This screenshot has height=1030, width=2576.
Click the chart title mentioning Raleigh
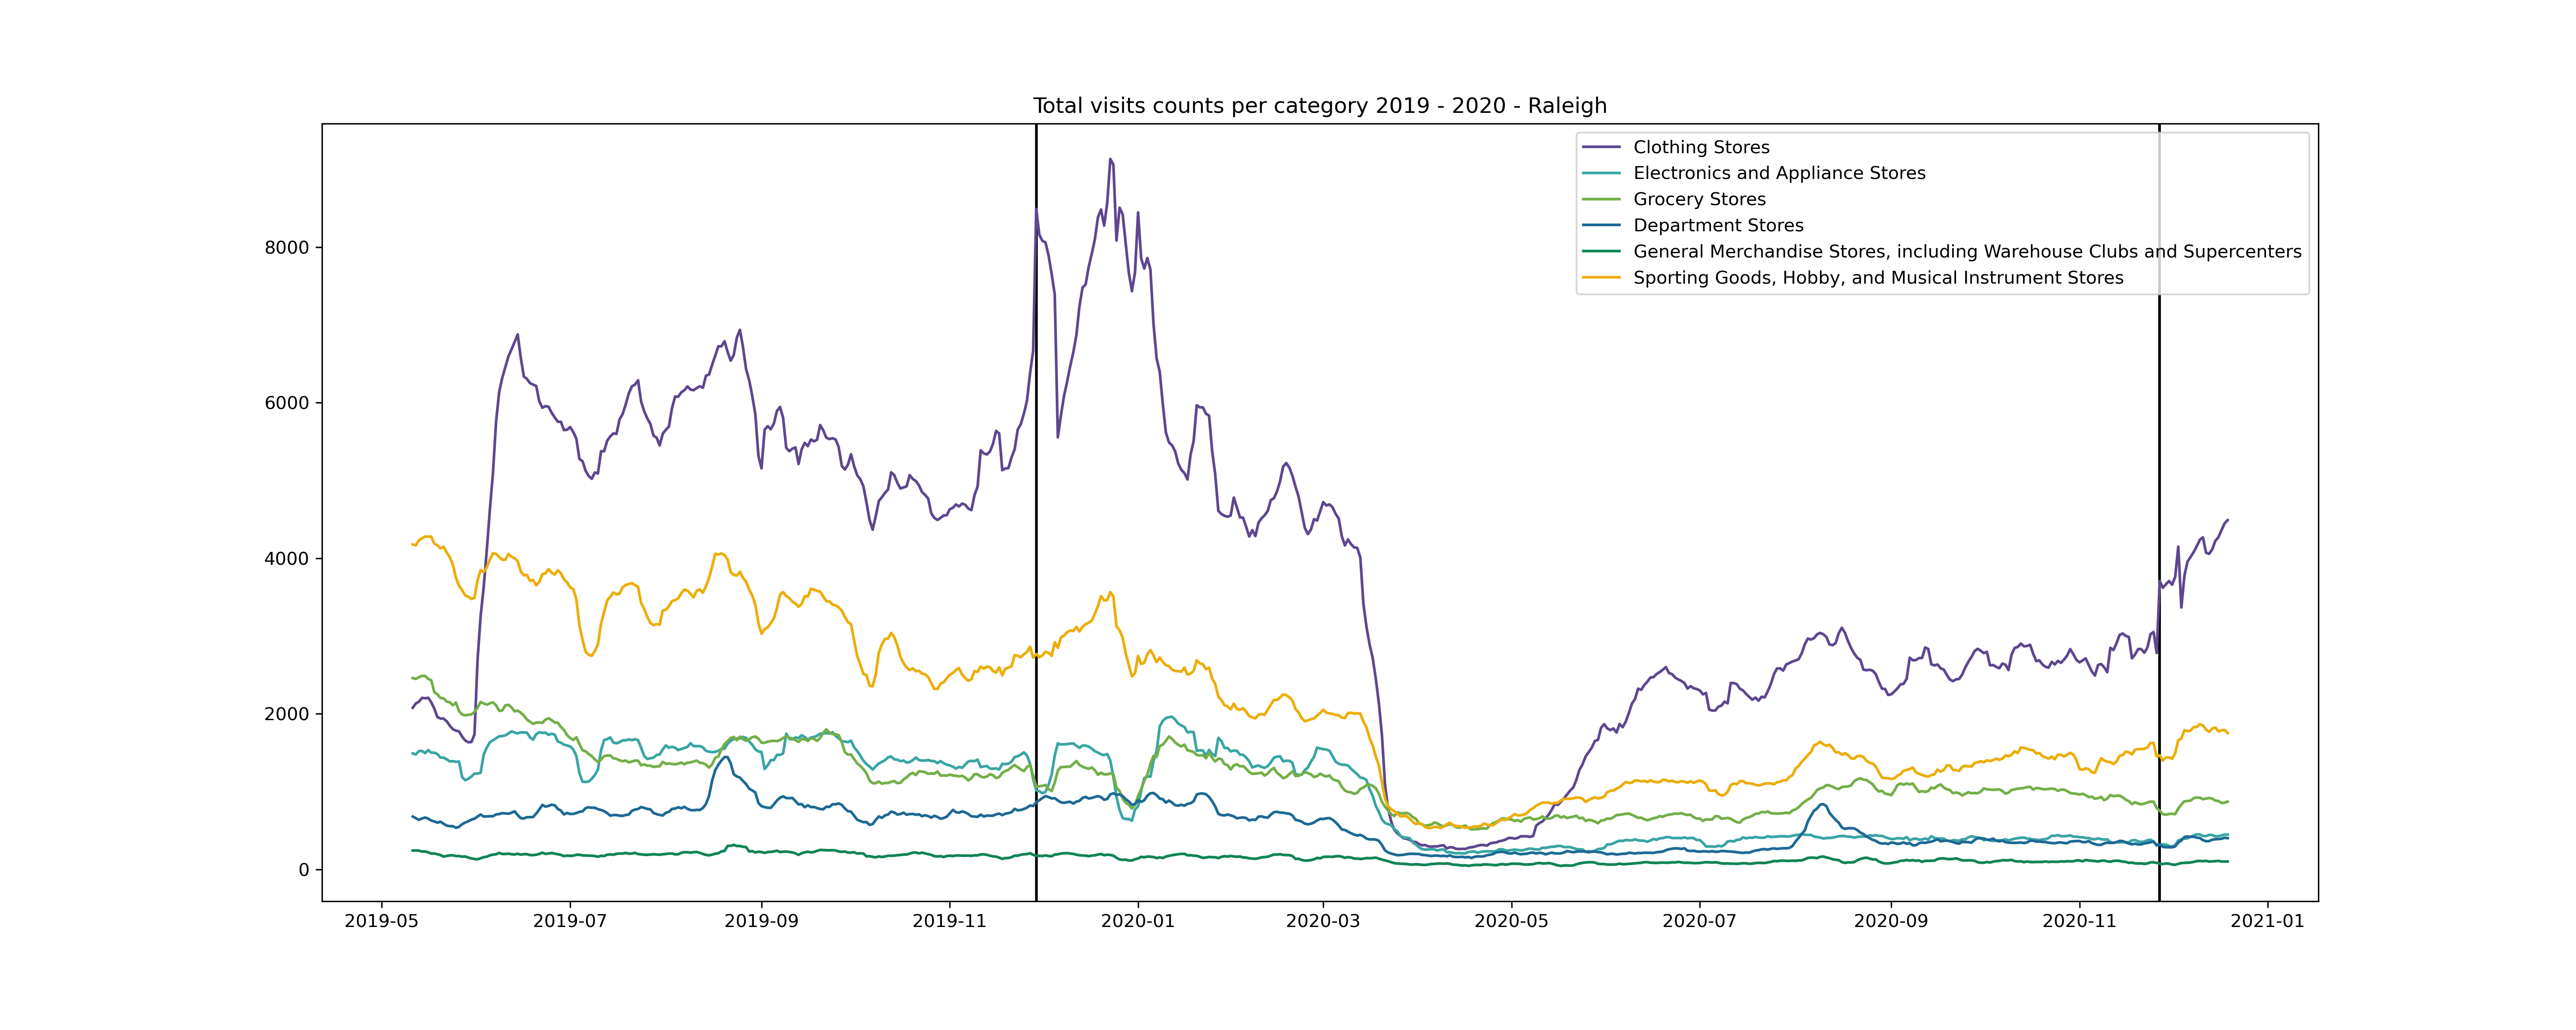pyautogui.click(x=1319, y=106)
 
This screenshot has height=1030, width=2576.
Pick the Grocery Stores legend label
pyautogui.click(x=1699, y=199)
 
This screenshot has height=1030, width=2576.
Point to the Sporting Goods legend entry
pyautogui.click(x=1877, y=277)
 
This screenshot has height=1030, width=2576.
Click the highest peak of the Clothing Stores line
pyautogui.click(x=1110, y=159)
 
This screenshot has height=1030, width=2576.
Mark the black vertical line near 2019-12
pyautogui.click(x=1036, y=500)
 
